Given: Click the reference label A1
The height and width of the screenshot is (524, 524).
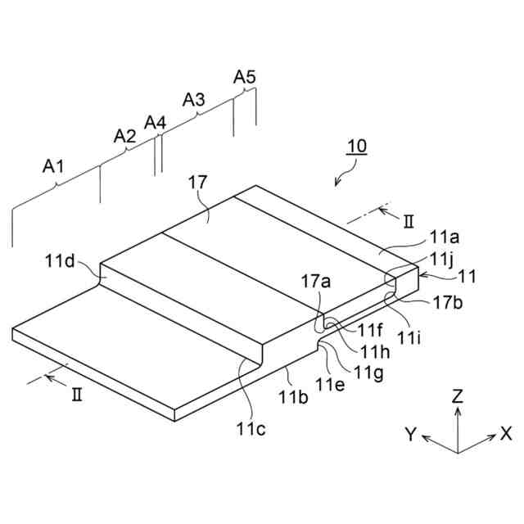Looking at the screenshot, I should click(53, 167).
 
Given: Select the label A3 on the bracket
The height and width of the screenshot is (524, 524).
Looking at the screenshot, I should click(193, 100).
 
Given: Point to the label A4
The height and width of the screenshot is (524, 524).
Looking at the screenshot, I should click(155, 123).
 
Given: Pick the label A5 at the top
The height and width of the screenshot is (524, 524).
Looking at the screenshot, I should click(245, 77).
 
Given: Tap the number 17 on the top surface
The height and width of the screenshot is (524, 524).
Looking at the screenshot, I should click(198, 182).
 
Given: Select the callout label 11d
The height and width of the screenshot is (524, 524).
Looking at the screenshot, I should click(60, 262).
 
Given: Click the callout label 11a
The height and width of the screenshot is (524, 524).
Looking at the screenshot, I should click(445, 238).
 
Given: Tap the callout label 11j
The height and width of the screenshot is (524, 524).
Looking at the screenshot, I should click(440, 258).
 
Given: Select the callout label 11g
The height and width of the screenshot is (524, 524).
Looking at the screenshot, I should click(366, 373).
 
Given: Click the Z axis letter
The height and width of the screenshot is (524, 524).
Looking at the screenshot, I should click(458, 396).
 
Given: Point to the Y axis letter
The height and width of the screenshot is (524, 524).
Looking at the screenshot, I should click(412, 435).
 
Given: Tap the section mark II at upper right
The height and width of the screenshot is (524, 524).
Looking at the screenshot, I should click(409, 220).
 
